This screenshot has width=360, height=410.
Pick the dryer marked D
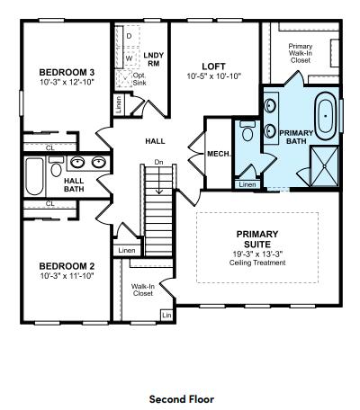(x=129, y=37)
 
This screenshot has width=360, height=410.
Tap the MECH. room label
(x=220, y=153)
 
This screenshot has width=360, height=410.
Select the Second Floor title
(x=182, y=397)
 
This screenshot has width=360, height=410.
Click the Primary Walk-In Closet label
(x=300, y=52)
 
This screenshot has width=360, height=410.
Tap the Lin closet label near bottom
(x=166, y=315)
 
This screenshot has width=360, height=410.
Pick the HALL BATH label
(x=74, y=183)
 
